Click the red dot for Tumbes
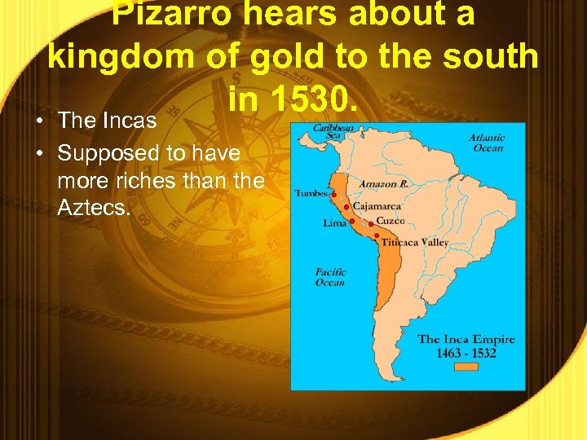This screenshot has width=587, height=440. [x=333, y=195]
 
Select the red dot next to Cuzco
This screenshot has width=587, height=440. [x=371, y=222]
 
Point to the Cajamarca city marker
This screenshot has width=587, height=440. [x=346, y=207]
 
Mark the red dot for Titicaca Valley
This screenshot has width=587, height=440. [x=377, y=235]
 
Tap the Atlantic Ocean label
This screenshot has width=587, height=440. [x=486, y=143]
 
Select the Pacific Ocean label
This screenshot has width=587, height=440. [x=330, y=277]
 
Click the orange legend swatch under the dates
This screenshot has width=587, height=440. [x=466, y=366]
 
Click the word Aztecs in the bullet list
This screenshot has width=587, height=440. [x=93, y=209]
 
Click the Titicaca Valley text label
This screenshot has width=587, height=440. [x=416, y=242]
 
